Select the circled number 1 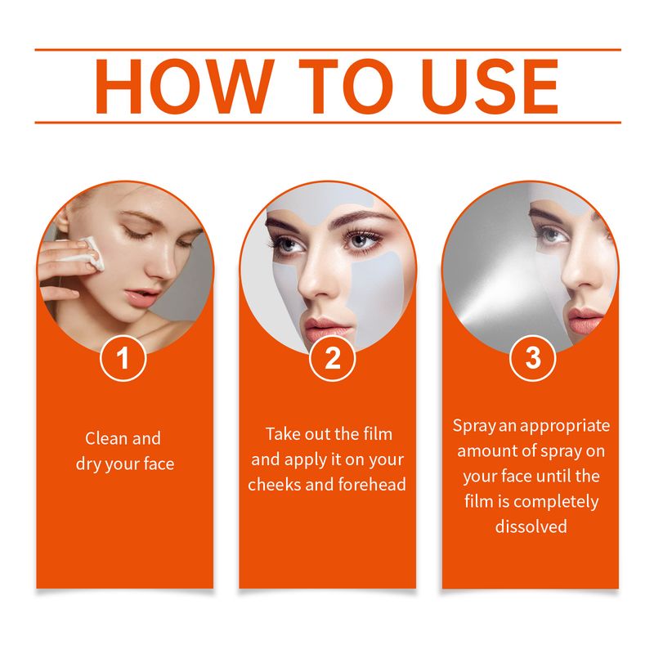(123, 360)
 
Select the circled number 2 (332, 360)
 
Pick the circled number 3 (532, 360)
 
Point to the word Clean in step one (106, 439)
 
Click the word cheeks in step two (275, 484)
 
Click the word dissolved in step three (531, 526)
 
